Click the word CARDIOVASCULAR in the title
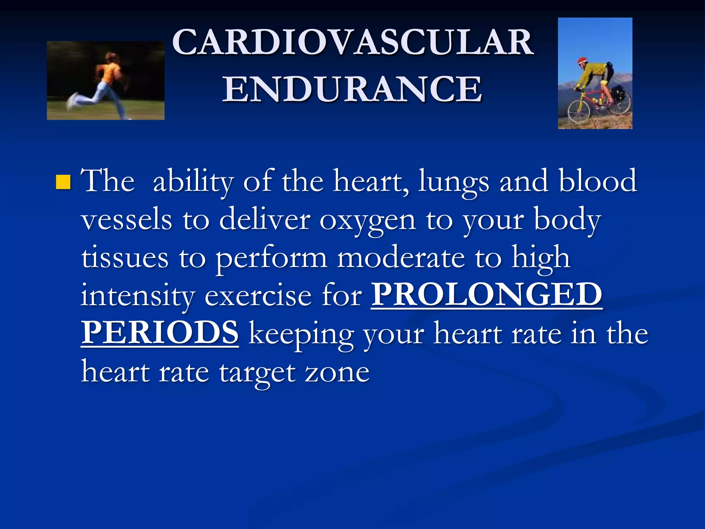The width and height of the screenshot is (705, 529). [353, 42]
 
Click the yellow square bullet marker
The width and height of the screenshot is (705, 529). [63, 182]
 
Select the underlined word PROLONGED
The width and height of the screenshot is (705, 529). [487, 294]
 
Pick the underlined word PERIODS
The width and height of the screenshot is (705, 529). [160, 332]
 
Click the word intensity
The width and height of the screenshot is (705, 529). [138, 296]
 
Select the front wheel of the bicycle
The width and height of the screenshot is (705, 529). [578, 112]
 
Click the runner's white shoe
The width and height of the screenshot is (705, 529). [73, 101]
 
